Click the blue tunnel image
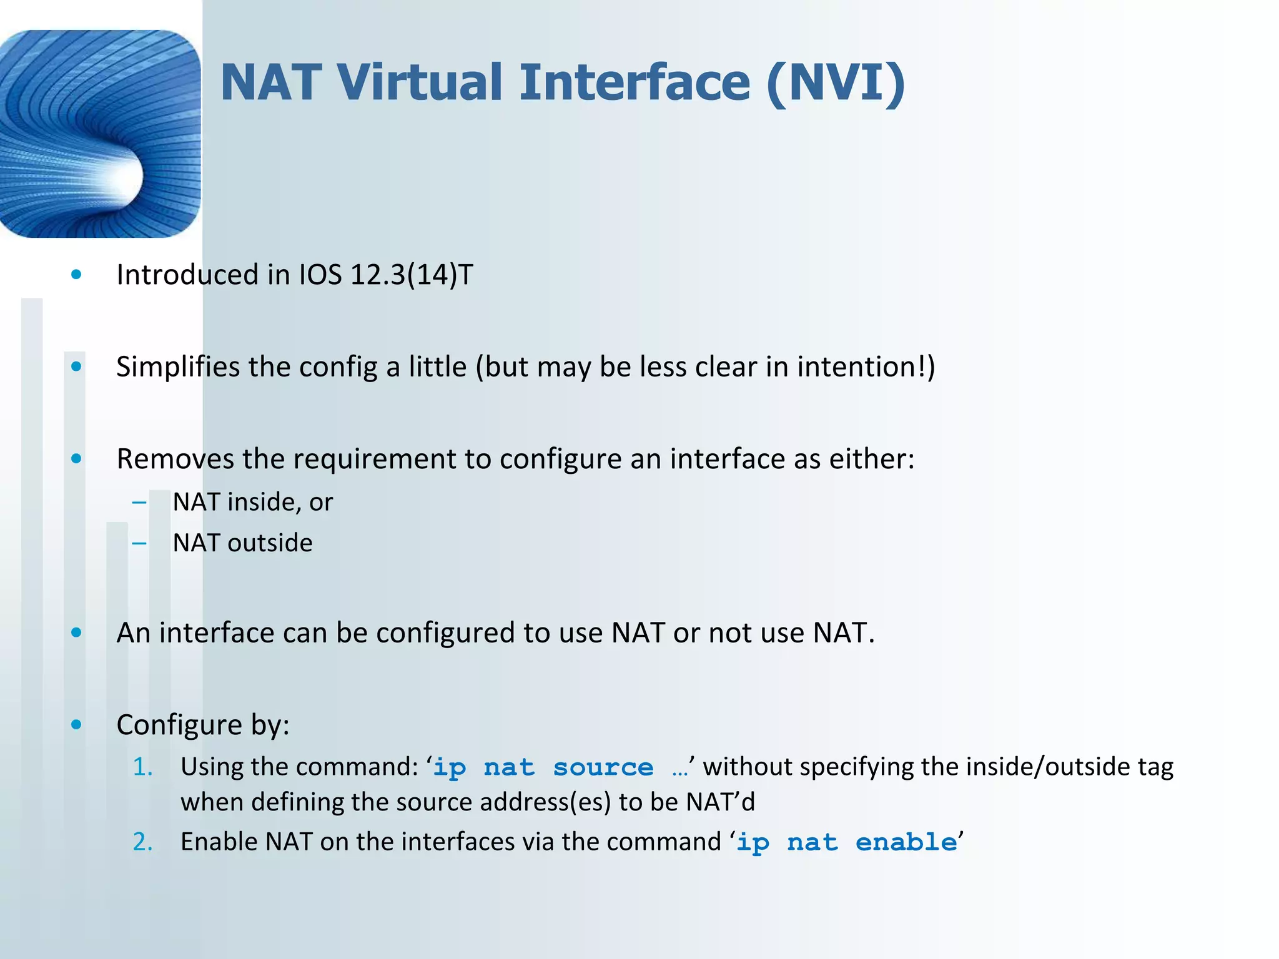point(100,134)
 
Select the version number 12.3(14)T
point(412,275)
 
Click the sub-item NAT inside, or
point(252,502)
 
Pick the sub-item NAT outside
point(242,543)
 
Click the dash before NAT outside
point(139,543)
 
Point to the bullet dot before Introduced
point(76,275)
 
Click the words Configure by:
point(203,725)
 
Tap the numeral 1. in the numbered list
point(142,767)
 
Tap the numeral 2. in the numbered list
point(142,842)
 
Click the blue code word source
point(603,767)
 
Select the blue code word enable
point(906,843)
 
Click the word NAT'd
point(720,802)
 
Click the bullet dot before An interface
point(76,633)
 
